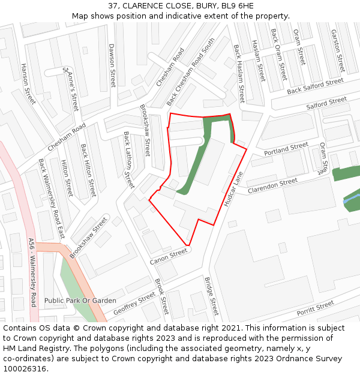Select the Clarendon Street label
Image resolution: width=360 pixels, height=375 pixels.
tap(273, 185)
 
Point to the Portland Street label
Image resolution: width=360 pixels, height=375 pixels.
tap(286, 148)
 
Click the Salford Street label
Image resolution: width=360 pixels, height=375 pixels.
tap(326, 103)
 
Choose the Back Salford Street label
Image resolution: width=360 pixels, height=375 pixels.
tap(315, 86)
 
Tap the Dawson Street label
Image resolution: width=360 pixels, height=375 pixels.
tap(112, 65)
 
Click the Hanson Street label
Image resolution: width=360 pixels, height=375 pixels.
tap(28, 83)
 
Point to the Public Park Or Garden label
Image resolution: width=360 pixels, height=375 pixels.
tap(80, 301)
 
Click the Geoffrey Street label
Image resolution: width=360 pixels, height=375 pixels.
tap(134, 304)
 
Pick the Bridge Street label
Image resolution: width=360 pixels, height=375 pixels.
tap(211, 296)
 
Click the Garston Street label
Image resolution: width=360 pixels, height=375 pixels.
tap(338, 50)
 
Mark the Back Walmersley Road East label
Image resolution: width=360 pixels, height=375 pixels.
tap(51, 198)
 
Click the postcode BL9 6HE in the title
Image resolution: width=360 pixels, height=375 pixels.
tap(237, 6)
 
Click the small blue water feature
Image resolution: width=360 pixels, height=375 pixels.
tap(351, 200)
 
